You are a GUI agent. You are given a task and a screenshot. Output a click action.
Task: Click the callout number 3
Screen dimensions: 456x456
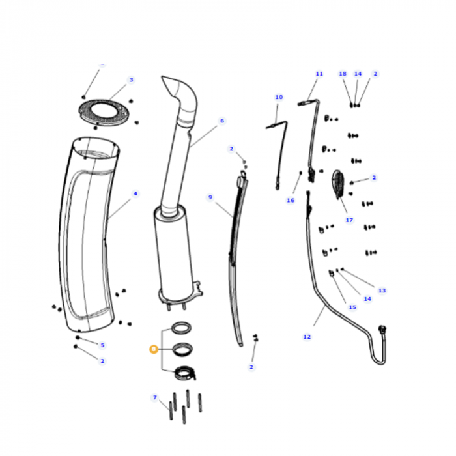coord(131,80)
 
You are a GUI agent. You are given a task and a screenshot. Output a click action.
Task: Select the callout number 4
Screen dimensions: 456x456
coord(135,193)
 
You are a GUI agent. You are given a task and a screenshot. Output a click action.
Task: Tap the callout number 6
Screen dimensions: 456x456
coord(221,121)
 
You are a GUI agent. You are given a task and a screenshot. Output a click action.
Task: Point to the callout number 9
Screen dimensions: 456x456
coord(210,197)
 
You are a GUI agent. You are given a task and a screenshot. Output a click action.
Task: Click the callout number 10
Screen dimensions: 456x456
coord(279,98)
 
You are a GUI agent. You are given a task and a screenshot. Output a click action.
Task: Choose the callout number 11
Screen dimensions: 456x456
coord(319,74)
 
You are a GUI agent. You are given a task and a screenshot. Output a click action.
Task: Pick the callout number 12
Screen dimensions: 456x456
coord(307,337)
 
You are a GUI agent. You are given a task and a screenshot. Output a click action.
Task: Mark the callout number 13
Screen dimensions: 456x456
coord(382,291)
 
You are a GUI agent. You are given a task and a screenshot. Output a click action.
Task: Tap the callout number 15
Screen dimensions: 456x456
coord(352,307)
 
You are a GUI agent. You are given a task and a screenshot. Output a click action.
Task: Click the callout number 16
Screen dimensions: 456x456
coord(291,201)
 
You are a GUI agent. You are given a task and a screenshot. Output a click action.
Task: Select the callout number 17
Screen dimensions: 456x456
coord(349,220)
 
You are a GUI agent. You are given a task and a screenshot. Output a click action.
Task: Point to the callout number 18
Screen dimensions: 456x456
coord(343,74)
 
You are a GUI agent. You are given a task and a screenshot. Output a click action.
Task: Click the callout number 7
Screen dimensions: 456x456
coord(155,397)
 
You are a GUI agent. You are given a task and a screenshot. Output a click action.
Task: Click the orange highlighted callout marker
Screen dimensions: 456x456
coord(153,350)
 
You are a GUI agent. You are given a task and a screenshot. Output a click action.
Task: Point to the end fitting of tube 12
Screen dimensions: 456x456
coord(382,330)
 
